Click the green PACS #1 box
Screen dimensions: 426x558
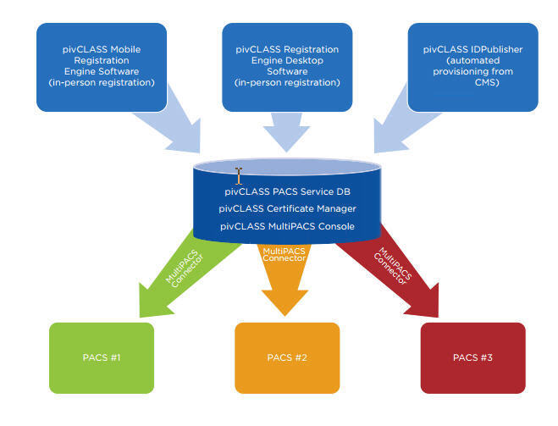point(102,357)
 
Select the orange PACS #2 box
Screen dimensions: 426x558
point(286,357)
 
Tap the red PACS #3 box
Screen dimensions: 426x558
point(473,357)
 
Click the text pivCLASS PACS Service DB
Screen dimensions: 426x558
point(286,191)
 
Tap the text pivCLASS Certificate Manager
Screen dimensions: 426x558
point(286,208)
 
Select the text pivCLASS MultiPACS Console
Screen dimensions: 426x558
point(286,226)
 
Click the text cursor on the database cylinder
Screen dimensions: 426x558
point(239,175)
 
